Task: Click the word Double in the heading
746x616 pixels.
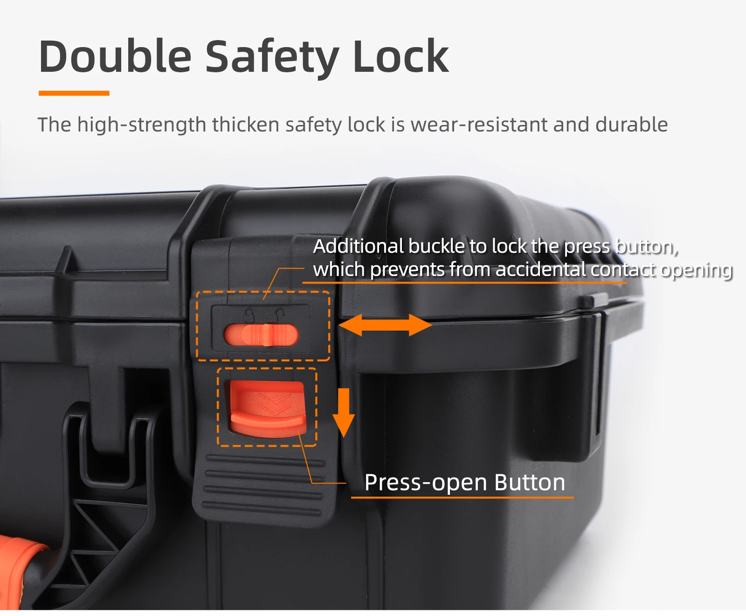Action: click(x=115, y=56)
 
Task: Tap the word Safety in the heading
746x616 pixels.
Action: click(x=272, y=58)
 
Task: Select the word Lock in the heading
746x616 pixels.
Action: click(x=401, y=56)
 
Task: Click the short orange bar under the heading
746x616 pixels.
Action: click(x=74, y=93)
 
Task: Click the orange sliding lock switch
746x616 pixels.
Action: click(x=261, y=335)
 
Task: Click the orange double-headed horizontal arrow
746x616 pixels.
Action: click(x=385, y=325)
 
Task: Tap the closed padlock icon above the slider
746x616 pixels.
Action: click(x=249, y=315)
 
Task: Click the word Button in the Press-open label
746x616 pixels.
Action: click(x=530, y=482)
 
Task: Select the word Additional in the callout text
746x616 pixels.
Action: click(x=358, y=246)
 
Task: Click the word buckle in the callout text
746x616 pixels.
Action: click(x=436, y=246)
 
